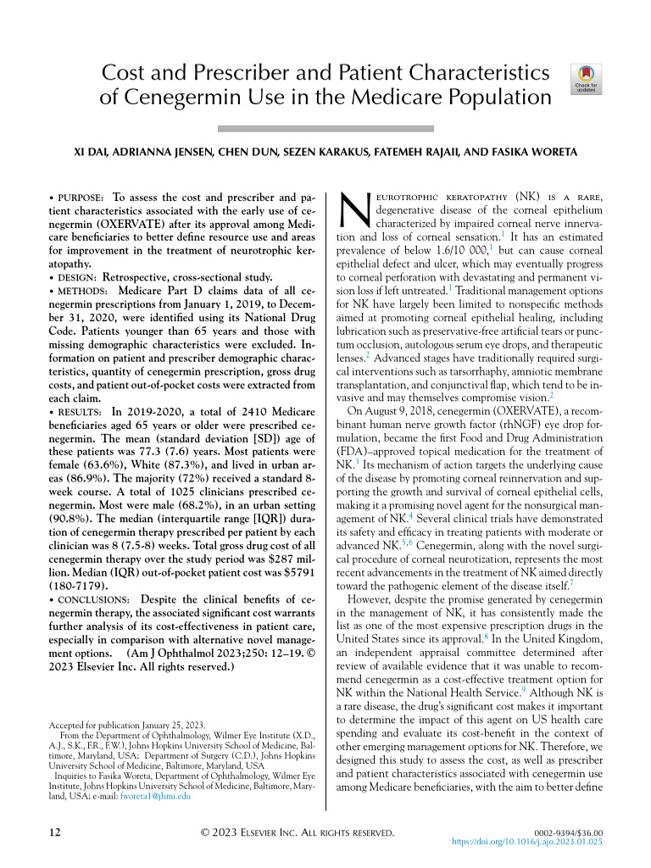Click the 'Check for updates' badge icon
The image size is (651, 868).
click(587, 79)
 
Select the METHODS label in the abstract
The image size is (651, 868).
click(82, 291)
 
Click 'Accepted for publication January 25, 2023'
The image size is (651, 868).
click(123, 726)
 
